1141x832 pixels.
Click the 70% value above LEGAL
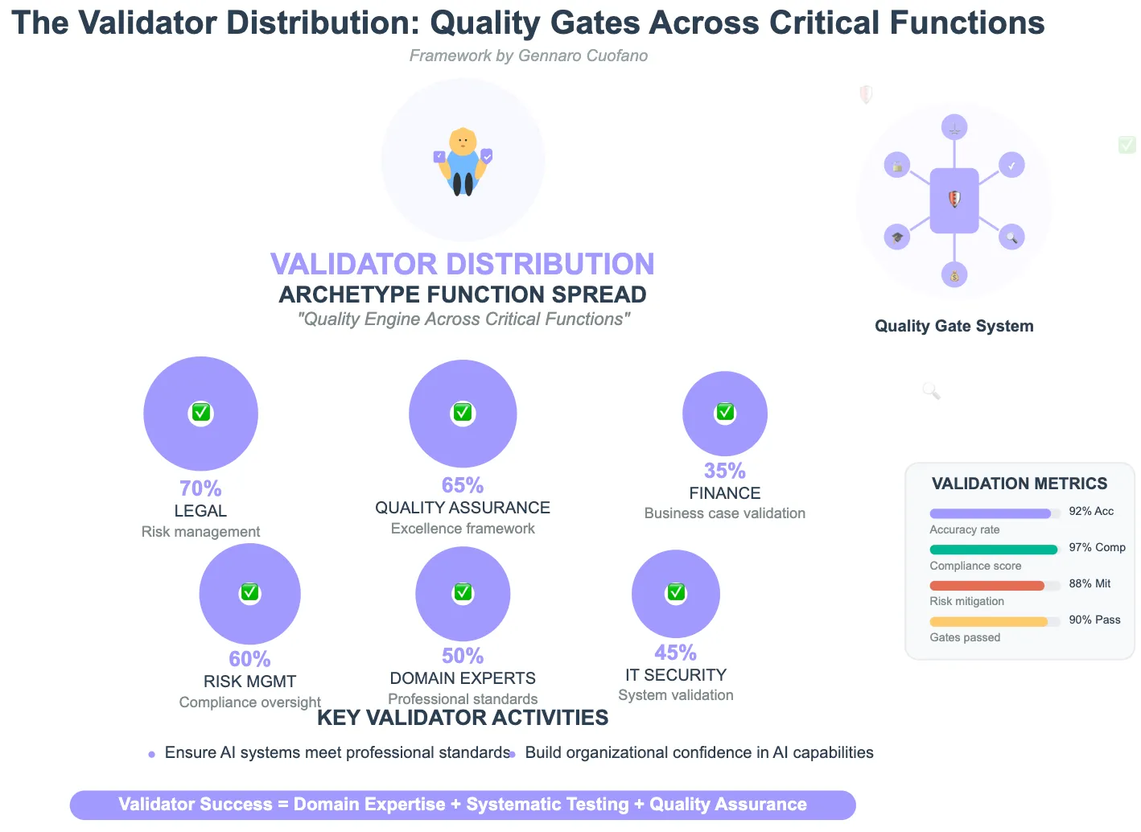pyautogui.click(x=200, y=488)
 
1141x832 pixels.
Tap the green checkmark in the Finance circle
pyautogui.click(x=725, y=412)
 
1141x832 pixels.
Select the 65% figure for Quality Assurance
pyautogui.click(x=463, y=485)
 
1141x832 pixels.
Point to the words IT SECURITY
pyautogui.click(x=676, y=675)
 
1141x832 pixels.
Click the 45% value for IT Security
pyautogui.click(x=675, y=653)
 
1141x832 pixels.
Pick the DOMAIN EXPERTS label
pyautogui.click(x=463, y=678)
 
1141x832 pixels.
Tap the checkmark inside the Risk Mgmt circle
pyautogui.click(x=249, y=593)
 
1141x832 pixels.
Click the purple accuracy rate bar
pyautogui.click(x=990, y=513)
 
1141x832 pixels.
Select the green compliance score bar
pyautogui.click(x=993, y=550)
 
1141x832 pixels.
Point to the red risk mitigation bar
pyautogui.click(x=987, y=586)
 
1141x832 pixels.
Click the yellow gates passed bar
pyautogui.click(x=988, y=621)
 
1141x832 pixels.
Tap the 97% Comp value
pyautogui.click(x=1097, y=547)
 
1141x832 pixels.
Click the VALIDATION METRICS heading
pyautogui.click(x=1019, y=484)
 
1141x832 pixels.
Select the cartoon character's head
pyautogui.click(x=463, y=142)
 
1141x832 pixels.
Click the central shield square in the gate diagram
pyautogui.click(x=954, y=200)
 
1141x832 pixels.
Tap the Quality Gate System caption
pyautogui.click(x=954, y=326)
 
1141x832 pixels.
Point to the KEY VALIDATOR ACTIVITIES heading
pyautogui.click(x=463, y=718)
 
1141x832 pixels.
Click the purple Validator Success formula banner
pyautogui.click(x=463, y=805)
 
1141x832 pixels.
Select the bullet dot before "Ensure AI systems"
pyautogui.click(x=151, y=755)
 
